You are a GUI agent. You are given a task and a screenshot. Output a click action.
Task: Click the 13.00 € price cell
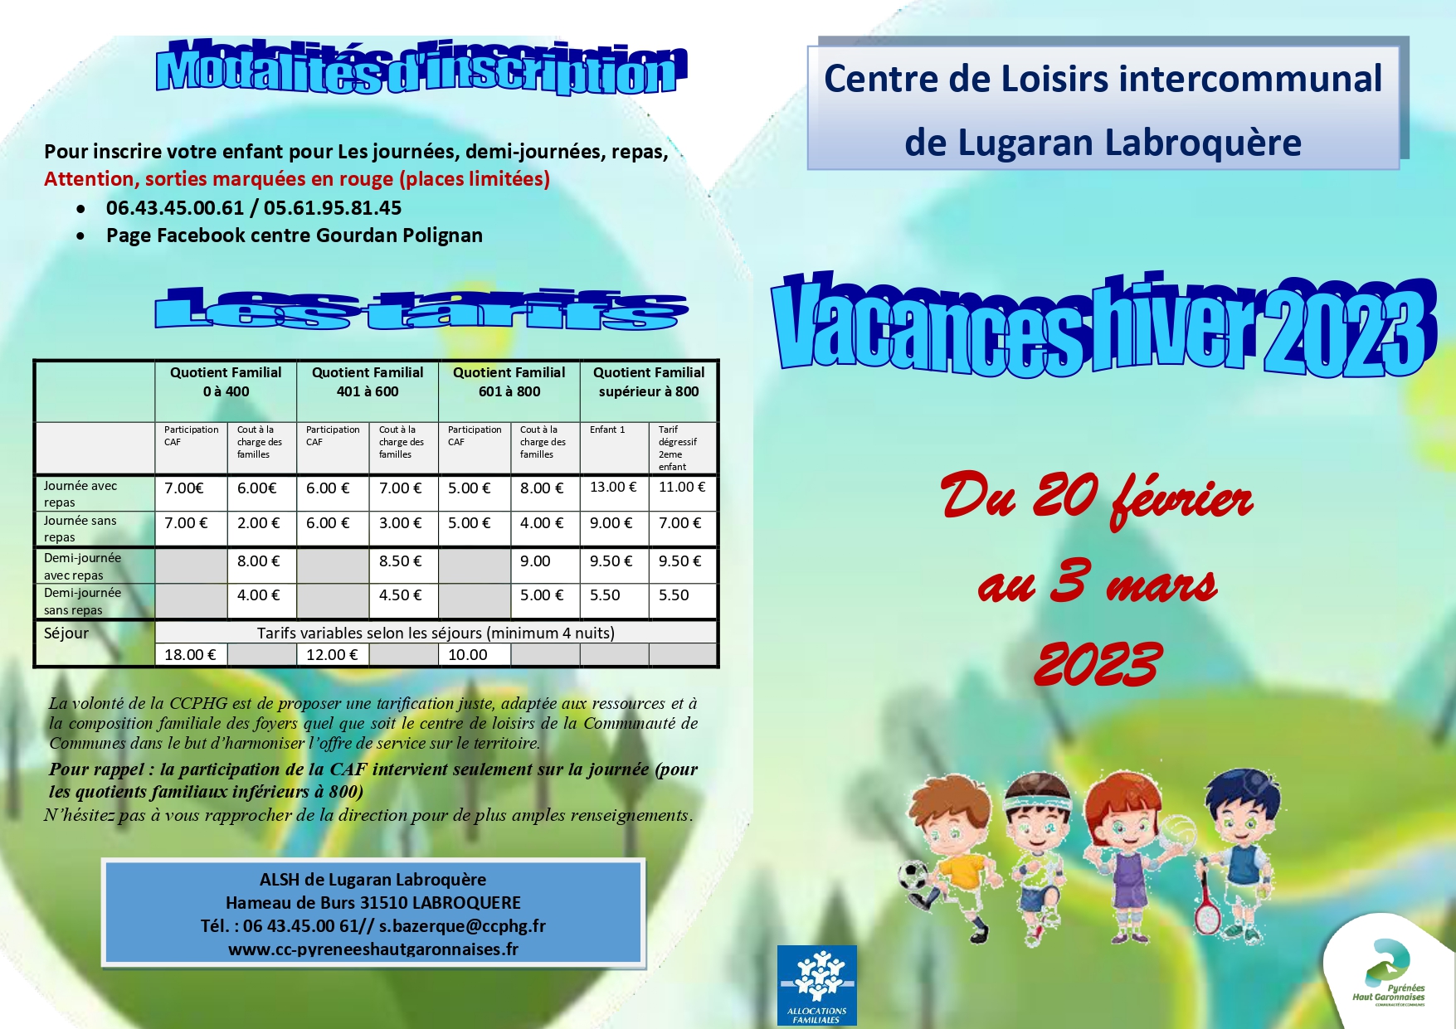[613, 488]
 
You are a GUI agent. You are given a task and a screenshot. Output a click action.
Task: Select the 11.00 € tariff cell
[682, 488]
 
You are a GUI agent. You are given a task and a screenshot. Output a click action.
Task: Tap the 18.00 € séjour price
[190, 655]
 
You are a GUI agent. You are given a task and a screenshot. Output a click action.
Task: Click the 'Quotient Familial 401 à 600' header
[368, 382]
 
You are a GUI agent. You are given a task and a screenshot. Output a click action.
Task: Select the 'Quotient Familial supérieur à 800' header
[649, 382]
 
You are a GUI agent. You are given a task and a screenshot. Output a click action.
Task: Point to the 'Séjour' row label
[66, 633]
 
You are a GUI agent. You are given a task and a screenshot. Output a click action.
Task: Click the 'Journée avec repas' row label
[80, 494]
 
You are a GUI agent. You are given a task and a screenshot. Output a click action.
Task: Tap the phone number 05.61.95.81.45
[333, 208]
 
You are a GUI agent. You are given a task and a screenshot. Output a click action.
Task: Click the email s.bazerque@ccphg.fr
[462, 926]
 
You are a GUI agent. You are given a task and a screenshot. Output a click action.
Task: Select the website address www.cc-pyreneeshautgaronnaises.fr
[373, 949]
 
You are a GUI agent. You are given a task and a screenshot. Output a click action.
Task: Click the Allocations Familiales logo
[817, 986]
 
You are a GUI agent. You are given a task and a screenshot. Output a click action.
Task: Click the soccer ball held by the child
[913, 876]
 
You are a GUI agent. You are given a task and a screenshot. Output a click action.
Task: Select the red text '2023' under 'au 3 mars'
[1097, 664]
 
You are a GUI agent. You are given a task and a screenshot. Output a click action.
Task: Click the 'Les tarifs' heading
[421, 309]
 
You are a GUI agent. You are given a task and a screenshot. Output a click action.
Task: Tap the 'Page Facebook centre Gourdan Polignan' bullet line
[295, 235]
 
